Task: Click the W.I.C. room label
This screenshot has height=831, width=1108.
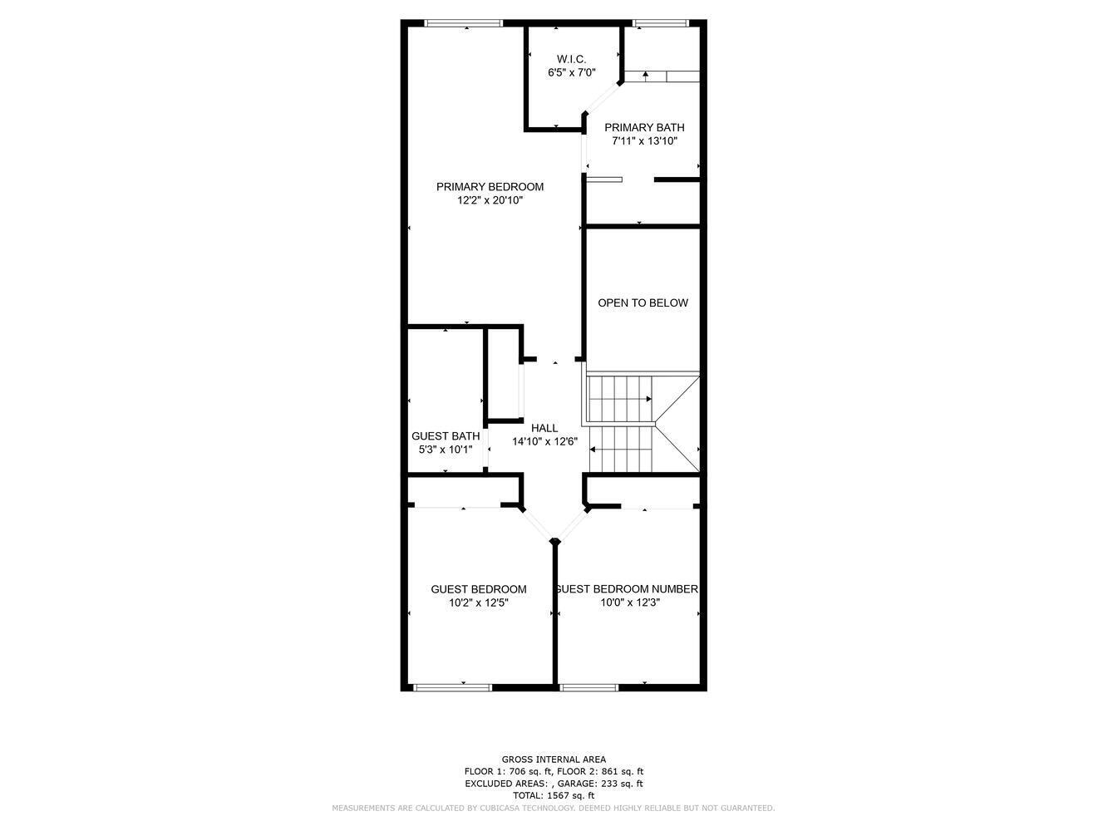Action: tap(571, 59)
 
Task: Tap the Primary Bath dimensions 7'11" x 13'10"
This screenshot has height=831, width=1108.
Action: tap(644, 141)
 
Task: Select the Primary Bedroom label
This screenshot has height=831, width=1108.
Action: tap(490, 187)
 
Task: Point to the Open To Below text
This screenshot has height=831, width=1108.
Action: tap(643, 303)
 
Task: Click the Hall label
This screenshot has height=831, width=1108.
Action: tap(544, 428)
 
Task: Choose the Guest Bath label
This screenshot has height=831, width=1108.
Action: tap(446, 436)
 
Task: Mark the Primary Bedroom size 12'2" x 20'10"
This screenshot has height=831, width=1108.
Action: tap(490, 200)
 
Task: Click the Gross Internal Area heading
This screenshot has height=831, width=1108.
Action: tap(554, 760)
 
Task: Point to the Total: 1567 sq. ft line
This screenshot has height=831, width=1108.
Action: tap(554, 795)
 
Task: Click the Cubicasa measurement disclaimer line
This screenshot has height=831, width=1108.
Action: tap(554, 808)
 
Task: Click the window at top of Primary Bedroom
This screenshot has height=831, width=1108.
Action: tap(463, 22)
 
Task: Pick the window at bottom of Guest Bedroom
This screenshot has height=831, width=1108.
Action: tap(453, 687)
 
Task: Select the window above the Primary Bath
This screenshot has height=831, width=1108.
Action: tap(661, 22)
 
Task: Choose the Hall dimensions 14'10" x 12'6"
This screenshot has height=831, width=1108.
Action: tap(544, 442)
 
